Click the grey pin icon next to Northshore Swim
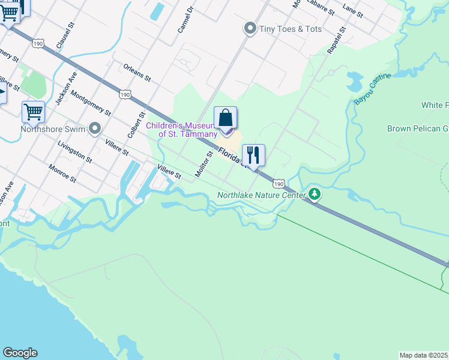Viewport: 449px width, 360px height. (x=94, y=128)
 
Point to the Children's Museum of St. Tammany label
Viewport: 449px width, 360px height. (x=182, y=130)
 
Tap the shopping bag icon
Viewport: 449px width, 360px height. (x=225, y=118)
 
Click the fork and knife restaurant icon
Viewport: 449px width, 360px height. (x=253, y=155)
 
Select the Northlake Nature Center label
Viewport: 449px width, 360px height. (x=261, y=194)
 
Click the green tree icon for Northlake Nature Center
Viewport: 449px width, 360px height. (x=315, y=194)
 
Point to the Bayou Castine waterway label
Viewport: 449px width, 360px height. (x=372, y=89)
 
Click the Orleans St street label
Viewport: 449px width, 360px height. (x=137, y=74)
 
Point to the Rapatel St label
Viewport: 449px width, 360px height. (x=337, y=40)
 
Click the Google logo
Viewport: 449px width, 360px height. (x=20, y=353)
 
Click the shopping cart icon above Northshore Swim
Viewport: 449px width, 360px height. (x=33, y=112)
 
